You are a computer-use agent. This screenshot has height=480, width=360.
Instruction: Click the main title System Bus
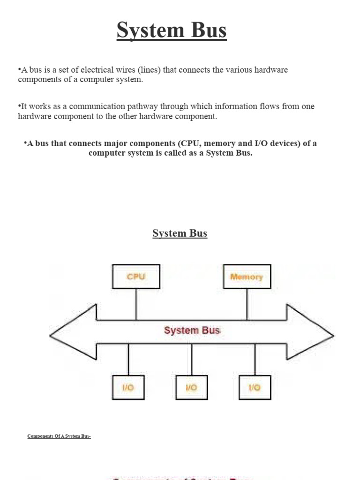[x=172, y=30]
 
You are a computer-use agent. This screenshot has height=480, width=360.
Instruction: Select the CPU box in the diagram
[x=136, y=277]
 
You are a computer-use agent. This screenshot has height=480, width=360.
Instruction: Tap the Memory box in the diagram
[x=247, y=277]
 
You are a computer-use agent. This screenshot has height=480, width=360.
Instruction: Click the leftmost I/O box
[x=128, y=387]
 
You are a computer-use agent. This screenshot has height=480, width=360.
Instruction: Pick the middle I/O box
[x=191, y=387]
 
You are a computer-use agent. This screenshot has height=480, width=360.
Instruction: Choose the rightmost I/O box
[x=255, y=387]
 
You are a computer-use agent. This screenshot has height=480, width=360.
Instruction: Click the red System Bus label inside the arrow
[x=192, y=330]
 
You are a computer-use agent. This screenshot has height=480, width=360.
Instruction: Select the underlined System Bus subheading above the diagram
[x=180, y=233]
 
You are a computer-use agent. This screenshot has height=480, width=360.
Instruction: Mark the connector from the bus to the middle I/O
[x=191, y=360]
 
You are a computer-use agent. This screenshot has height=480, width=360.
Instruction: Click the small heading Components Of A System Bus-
[x=59, y=437]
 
